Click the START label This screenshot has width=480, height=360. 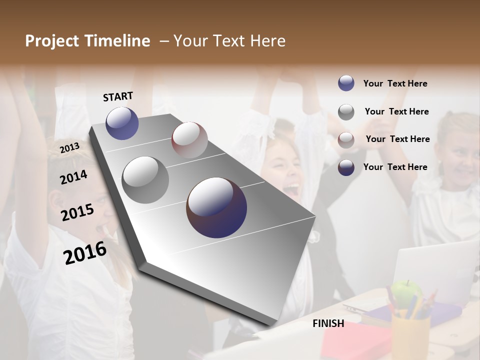118,96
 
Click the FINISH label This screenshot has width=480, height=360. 328,323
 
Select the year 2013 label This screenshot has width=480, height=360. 69,147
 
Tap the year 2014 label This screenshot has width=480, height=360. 73,177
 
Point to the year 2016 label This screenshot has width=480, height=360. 85,252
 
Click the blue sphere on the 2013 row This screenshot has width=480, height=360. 122,123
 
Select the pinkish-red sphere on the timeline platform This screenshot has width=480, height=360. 189,139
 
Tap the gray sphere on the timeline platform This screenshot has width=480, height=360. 145,179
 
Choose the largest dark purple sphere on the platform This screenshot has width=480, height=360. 216,207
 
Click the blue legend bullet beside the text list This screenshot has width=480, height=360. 346,83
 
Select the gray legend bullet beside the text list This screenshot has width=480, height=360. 346,112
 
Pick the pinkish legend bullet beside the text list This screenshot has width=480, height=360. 346,139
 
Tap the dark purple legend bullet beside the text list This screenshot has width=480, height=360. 346,167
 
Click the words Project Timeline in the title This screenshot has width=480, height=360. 87,41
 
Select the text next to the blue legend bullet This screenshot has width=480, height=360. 395,83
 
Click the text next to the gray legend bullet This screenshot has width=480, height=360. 396,111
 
